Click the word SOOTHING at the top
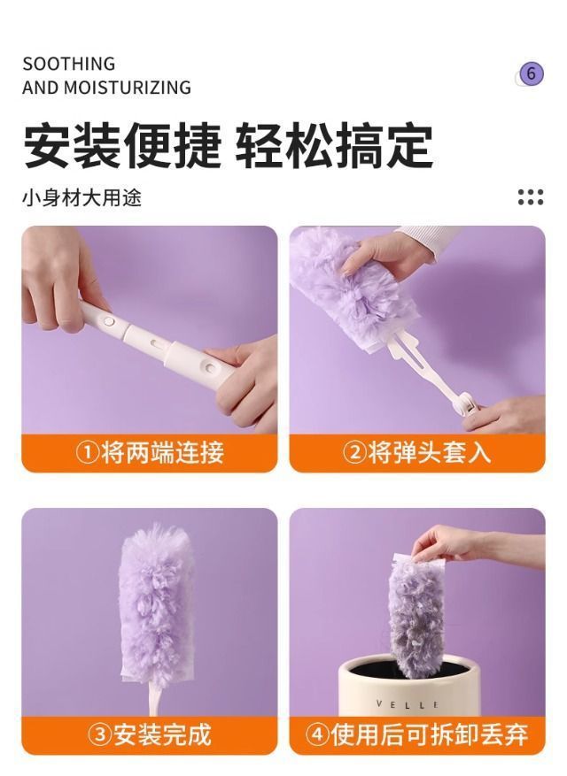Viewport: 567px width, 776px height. pyautogui.click(x=68, y=64)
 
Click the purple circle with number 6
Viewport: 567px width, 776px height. pyautogui.click(x=531, y=73)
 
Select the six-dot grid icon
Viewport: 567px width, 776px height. pyautogui.click(x=531, y=196)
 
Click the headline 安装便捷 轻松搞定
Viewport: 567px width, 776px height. pyautogui.click(x=228, y=145)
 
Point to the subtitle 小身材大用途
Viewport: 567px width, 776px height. pyautogui.click(x=82, y=196)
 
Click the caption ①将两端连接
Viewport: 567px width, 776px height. pyautogui.click(x=150, y=453)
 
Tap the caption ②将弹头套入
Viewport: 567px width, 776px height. pyautogui.click(x=416, y=453)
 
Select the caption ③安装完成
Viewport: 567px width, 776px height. pyautogui.click(x=150, y=734)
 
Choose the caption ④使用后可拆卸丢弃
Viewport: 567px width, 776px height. pyautogui.click(x=416, y=734)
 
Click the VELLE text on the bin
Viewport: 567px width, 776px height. pyautogui.click(x=408, y=704)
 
